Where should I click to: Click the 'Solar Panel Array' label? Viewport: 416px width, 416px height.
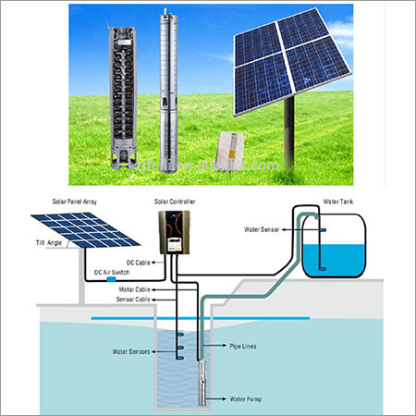pyautogui.click(x=52, y=202)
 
